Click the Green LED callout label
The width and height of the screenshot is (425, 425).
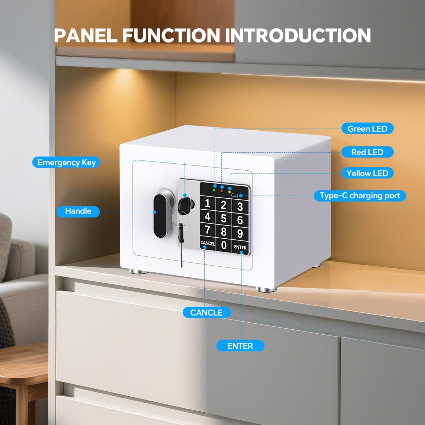click(x=367, y=129)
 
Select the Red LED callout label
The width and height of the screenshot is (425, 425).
click(x=367, y=152)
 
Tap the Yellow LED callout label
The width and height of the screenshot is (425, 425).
click(x=367, y=173)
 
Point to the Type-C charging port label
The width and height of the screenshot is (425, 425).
click(x=360, y=195)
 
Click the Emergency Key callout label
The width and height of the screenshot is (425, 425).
click(x=66, y=163)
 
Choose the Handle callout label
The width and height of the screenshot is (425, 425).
click(x=78, y=211)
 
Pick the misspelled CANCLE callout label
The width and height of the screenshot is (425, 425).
click(x=206, y=312)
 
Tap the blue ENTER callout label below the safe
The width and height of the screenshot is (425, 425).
click(x=240, y=346)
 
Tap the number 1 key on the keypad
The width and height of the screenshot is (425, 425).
click(x=207, y=204)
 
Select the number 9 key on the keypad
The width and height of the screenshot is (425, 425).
click(x=240, y=233)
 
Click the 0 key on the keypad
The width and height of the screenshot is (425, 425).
click(x=224, y=245)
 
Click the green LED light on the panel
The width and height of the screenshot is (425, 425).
click(x=214, y=190)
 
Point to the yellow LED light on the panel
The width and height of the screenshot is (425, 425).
click(x=229, y=192)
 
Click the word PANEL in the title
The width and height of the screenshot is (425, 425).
click(x=86, y=35)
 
